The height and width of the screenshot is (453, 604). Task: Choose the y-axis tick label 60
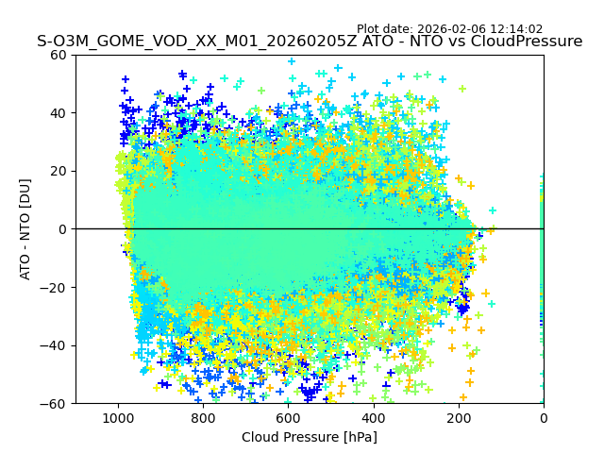point(57,55)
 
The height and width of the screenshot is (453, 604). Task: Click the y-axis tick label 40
point(57,113)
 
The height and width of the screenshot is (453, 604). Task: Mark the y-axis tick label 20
point(57,171)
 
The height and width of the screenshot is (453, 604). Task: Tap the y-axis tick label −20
point(53,287)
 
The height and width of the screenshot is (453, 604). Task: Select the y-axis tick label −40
point(53,345)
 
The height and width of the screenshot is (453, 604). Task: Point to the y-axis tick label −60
point(53,403)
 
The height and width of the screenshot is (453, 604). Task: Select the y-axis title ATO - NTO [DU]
point(25,229)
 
